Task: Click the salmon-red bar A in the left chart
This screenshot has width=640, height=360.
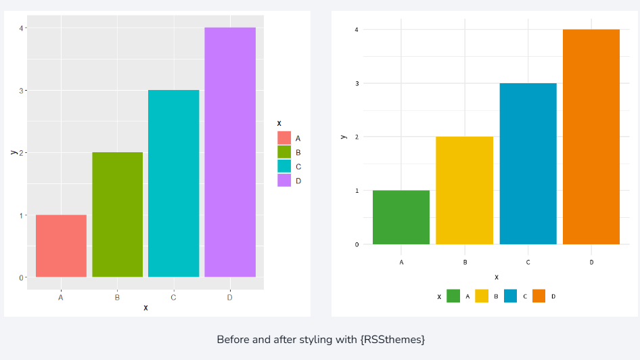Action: (x=61, y=246)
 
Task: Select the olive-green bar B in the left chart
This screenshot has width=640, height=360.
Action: (x=117, y=215)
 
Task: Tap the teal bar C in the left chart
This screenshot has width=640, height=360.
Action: (x=173, y=183)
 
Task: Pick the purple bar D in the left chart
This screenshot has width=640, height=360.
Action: (x=230, y=152)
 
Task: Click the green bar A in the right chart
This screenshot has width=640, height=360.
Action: (x=401, y=217)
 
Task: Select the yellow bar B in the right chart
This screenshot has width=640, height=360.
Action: (x=464, y=190)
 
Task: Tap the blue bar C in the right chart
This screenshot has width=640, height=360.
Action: (x=528, y=164)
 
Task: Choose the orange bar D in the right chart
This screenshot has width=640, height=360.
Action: (x=591, y=137)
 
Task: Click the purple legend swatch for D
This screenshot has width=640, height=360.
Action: (x=284, y=181)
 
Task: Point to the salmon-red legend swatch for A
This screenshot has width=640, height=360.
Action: (x=284, y=138)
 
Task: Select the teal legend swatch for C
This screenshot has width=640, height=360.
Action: (x=284, y=166)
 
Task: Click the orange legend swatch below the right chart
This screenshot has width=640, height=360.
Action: (x=539, y=296)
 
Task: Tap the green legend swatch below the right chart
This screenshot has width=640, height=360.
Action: (x=453, y=296)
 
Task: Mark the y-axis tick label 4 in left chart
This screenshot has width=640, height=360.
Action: (x=22, y=28)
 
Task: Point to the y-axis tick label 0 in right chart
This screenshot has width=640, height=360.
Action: (x=357, y=244)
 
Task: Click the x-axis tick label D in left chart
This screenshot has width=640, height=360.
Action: (x=230, y=297)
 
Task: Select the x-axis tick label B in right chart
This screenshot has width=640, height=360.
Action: (x=465, y=262)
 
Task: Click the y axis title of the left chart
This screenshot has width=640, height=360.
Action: (x=14, y=152)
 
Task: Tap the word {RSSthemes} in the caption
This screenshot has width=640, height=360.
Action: (x=394, y=339)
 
